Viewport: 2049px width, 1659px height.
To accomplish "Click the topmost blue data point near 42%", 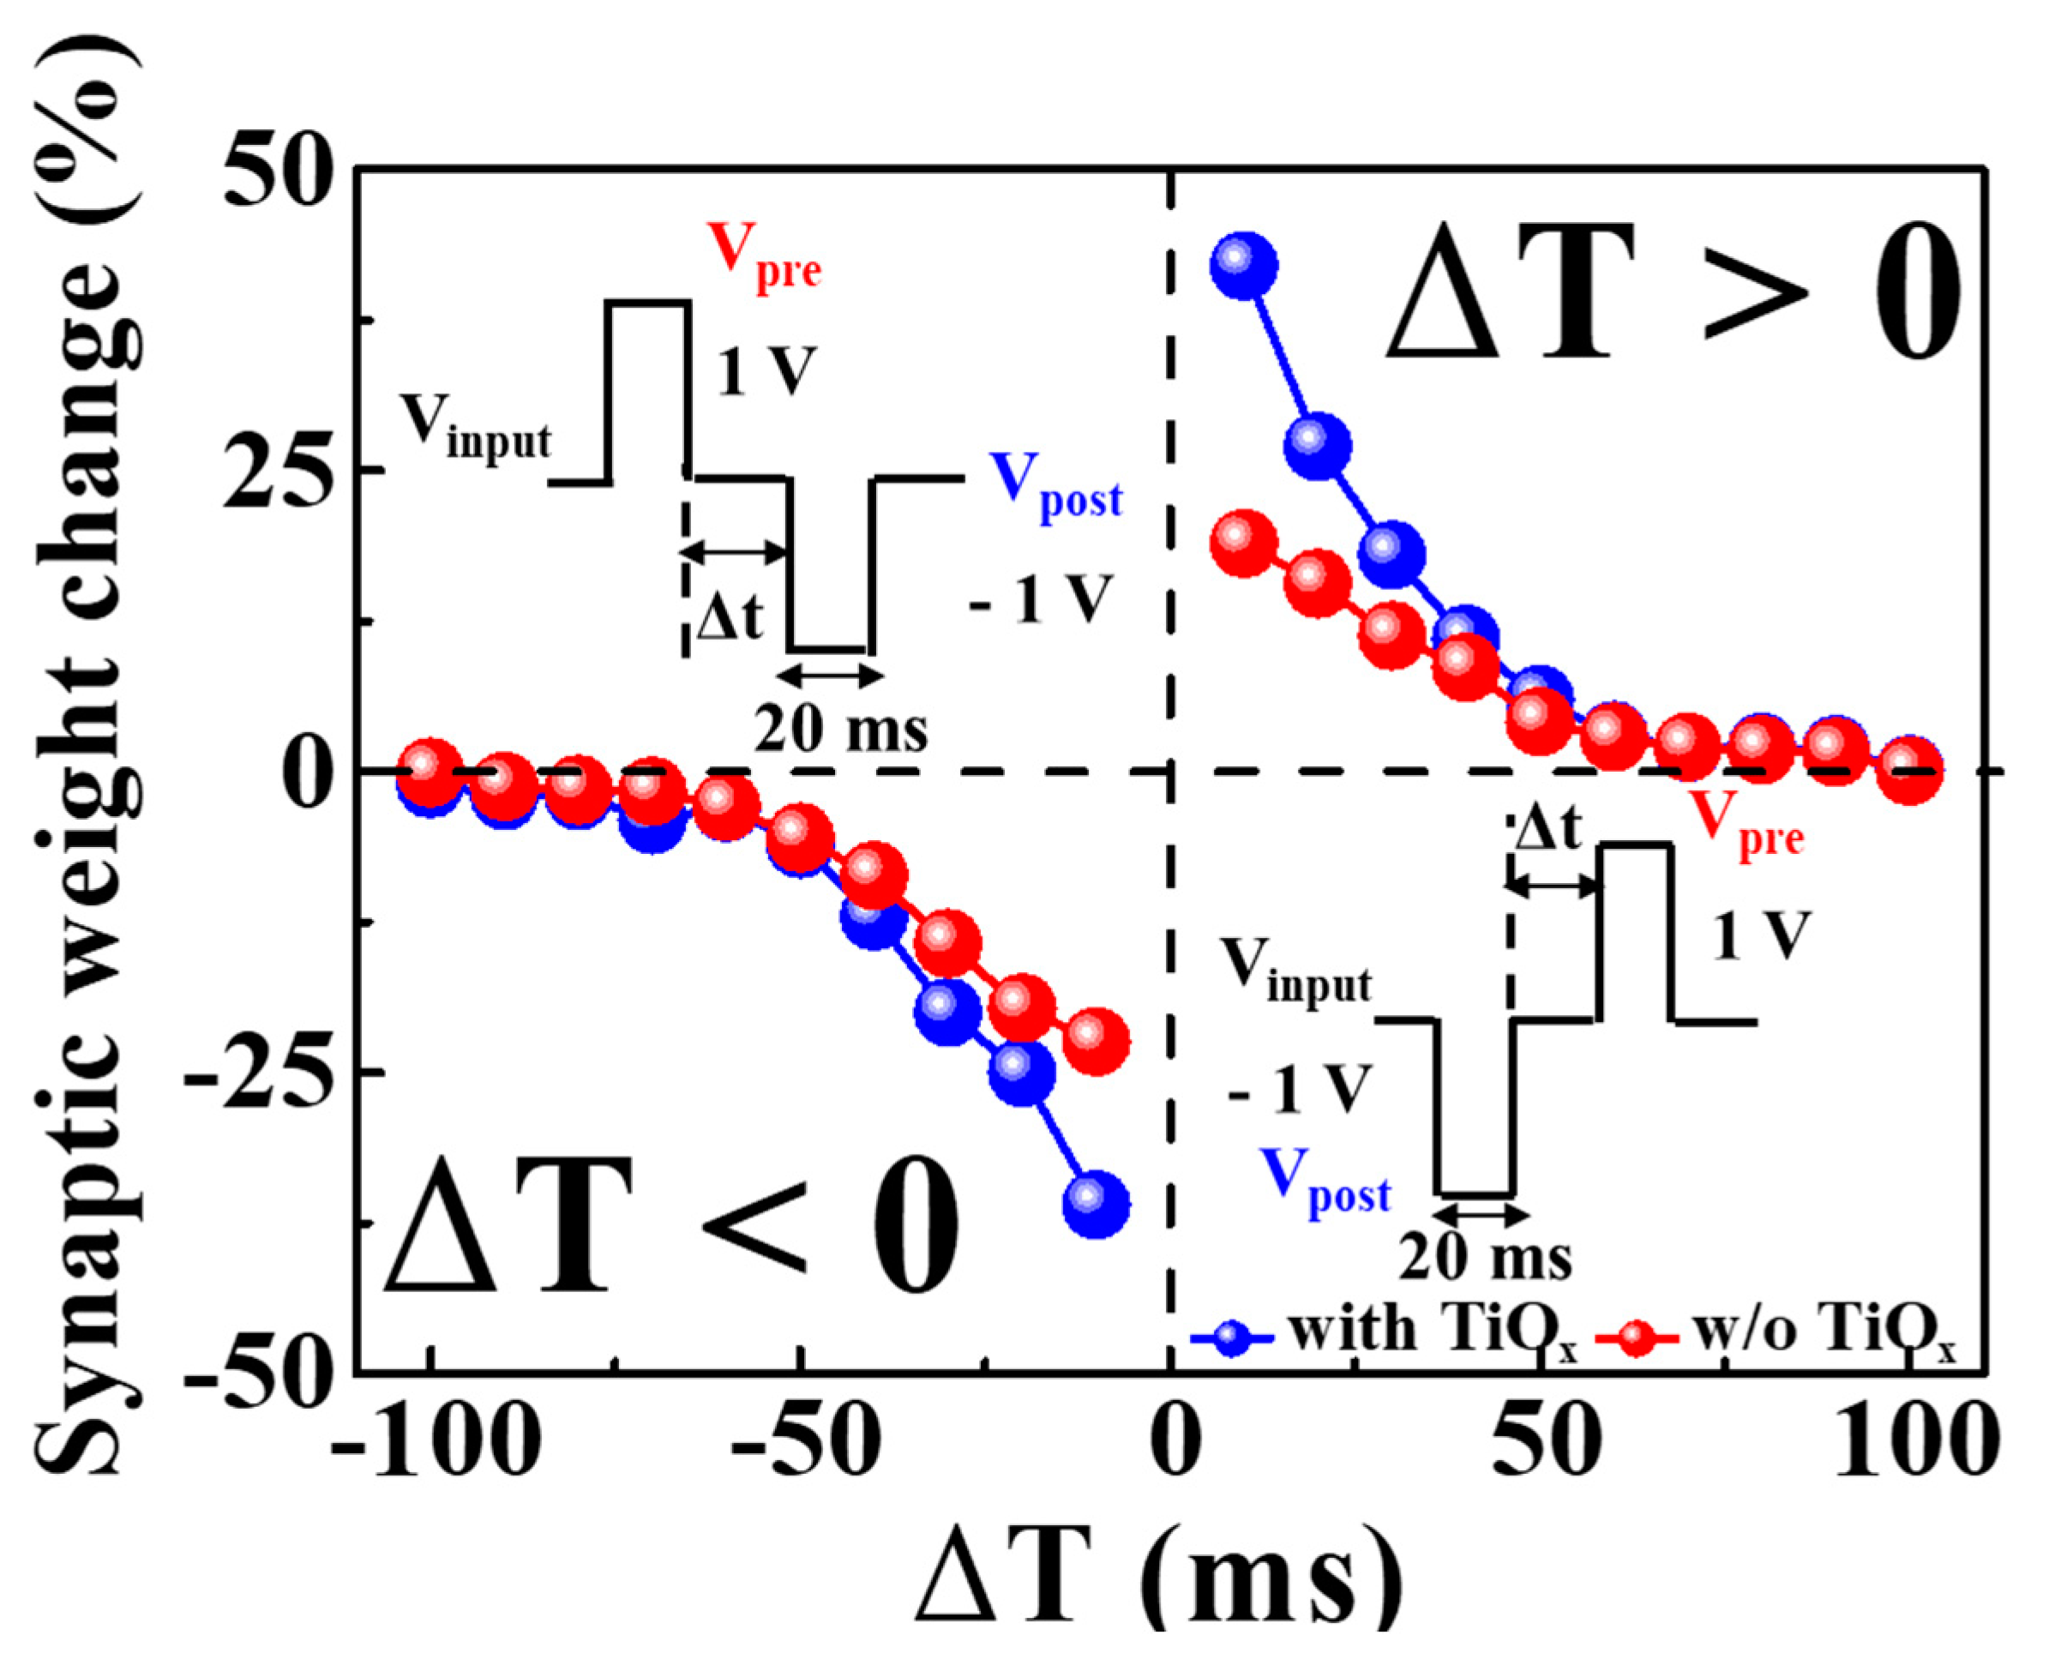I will (1242, 265).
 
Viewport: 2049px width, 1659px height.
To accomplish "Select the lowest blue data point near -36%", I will (1097, 1203).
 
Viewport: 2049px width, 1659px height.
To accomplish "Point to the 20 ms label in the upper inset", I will (841, 730).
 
